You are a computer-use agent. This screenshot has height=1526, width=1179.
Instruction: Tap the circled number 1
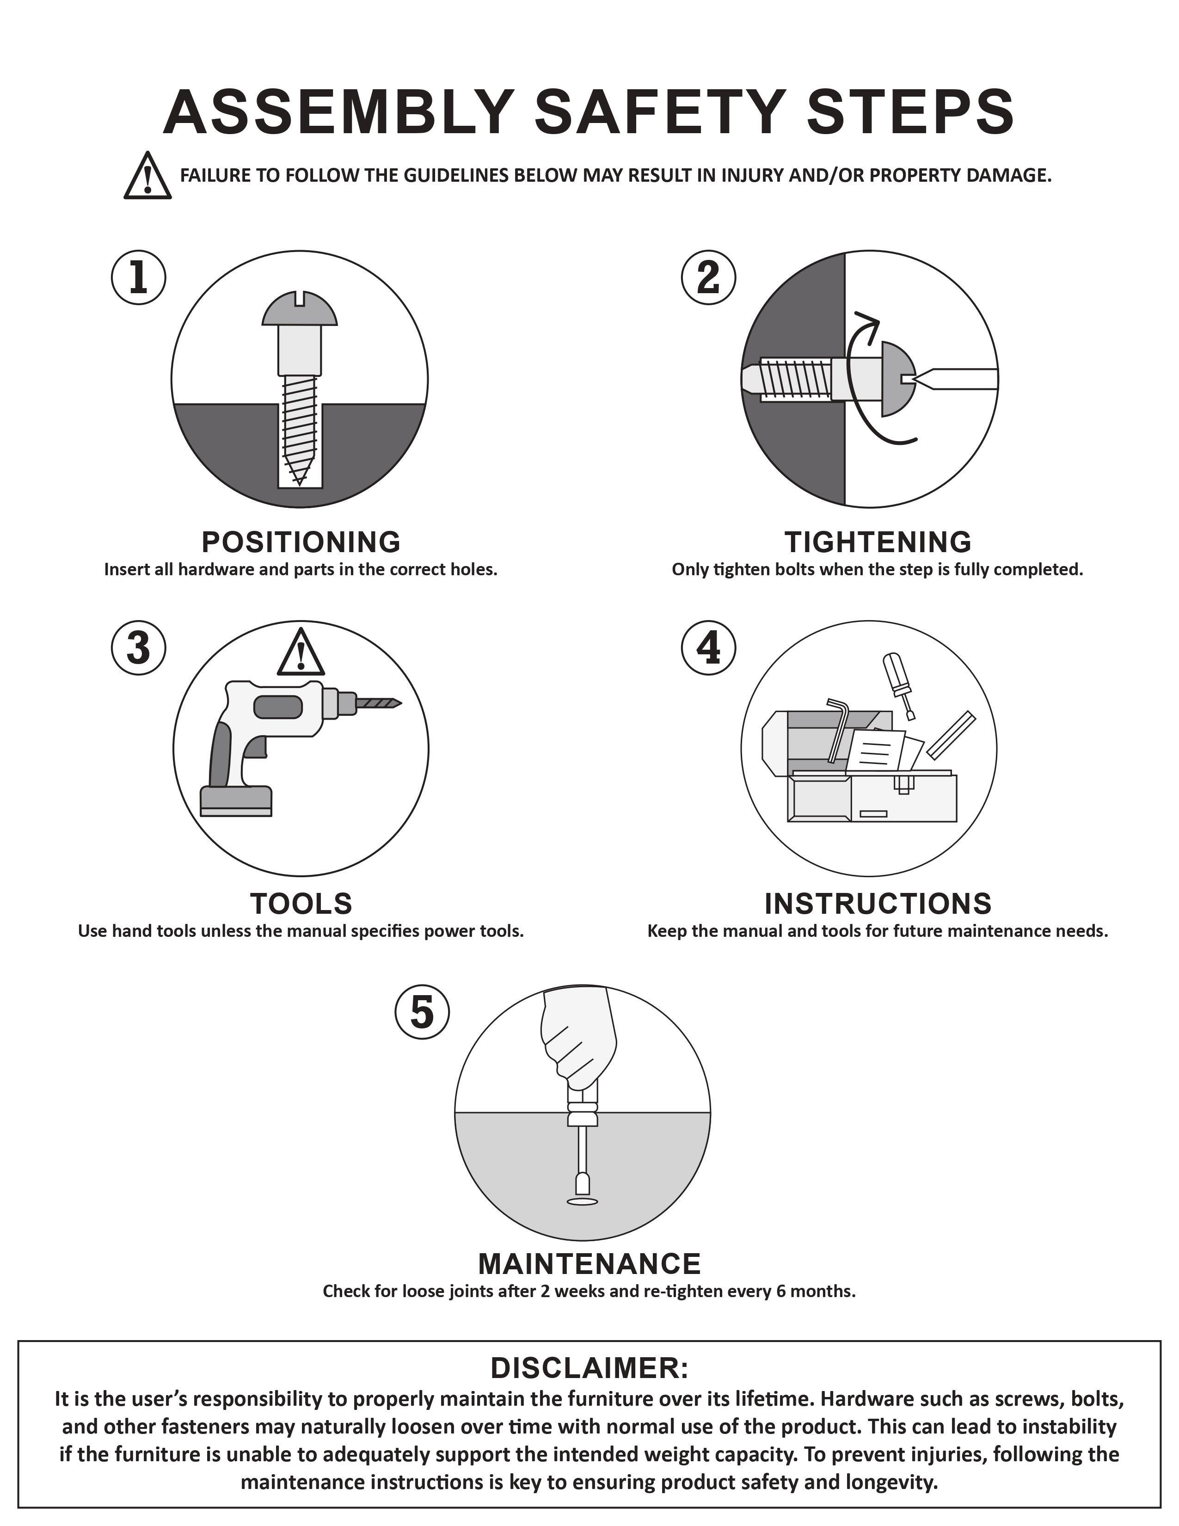pyautogui.click(x=138, y=278)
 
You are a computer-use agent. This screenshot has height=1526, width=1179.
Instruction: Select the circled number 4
pyautogui.click(x=708, y=648)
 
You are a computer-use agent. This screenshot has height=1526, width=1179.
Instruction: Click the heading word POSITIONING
pyautogui.click(x=301, y=542)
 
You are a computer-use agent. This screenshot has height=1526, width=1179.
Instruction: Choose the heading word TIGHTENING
pyautogui.click(x=878, y=542)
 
